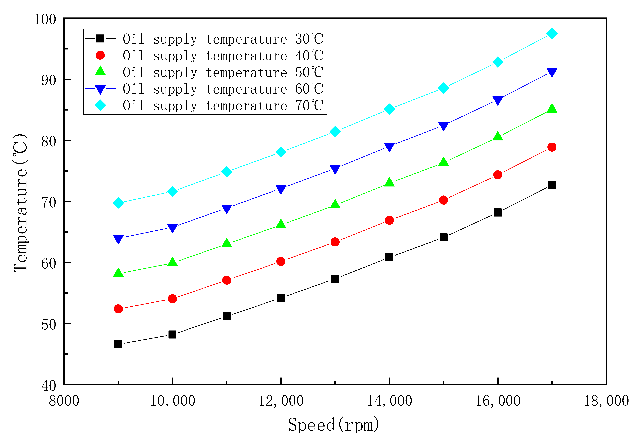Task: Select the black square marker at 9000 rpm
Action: (118, 344)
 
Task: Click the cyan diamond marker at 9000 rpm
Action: (118, 203)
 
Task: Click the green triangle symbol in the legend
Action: (100, 71)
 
